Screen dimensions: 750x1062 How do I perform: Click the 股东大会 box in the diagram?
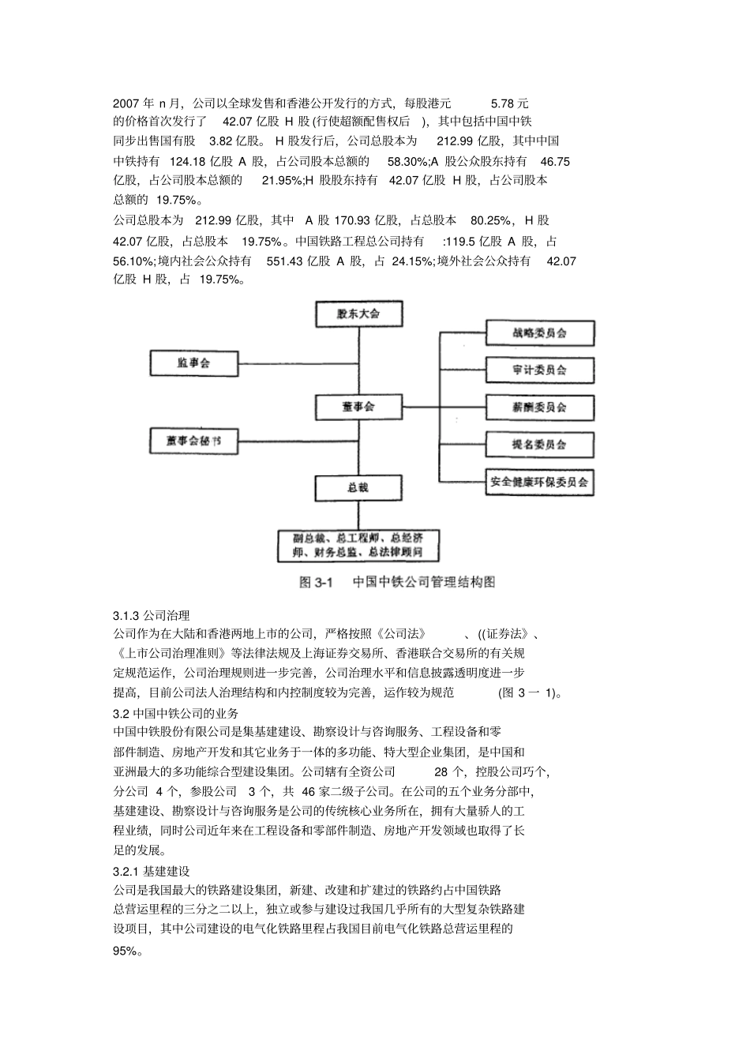[x=358, y=313]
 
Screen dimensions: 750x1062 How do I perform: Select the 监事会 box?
[x=193, y=364]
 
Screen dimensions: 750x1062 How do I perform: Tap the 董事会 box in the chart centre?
[x=358, y=407]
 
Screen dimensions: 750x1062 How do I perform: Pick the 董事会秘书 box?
[x=193, y=441]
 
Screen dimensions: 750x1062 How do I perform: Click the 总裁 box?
[x=358, y=487]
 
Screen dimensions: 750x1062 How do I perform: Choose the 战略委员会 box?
[x=539, y=333]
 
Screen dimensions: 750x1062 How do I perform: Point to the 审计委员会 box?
[x=539, y=370]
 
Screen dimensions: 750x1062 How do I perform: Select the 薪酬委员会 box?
[x=539, y=407]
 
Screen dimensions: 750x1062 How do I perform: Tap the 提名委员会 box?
[x=539, y=445]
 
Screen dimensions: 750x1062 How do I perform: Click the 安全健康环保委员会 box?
[x=539, y=482]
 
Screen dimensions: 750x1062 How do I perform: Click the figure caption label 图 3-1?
[x=317, y=583]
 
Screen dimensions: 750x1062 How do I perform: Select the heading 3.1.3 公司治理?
[x=151, y=615]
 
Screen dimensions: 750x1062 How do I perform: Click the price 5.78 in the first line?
[x=503, y=103]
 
